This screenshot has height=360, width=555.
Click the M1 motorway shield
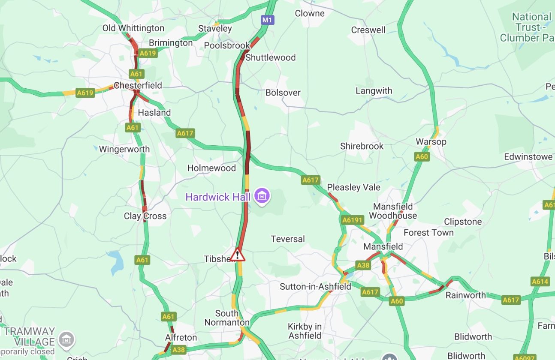267,20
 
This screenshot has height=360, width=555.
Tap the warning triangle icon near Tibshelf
237,255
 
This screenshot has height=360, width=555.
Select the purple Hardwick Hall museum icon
261,197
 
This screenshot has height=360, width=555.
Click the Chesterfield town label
138,85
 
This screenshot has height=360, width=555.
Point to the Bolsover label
283,93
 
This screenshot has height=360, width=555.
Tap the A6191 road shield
352,220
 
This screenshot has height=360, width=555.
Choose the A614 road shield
540,282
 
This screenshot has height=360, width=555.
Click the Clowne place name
309,13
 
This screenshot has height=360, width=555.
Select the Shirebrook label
362,146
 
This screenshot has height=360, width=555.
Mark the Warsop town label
431,141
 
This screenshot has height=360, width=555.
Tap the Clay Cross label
145,216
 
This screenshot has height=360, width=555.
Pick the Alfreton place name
181,338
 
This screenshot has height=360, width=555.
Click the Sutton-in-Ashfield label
315,286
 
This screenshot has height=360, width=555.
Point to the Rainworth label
465,295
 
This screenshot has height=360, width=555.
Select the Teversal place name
287,239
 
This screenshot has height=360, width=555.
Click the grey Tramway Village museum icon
66,339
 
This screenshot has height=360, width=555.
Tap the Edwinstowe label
528,157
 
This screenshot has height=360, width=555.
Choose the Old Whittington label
133,28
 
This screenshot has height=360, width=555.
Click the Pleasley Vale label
353,187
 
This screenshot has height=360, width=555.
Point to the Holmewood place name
211,168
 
